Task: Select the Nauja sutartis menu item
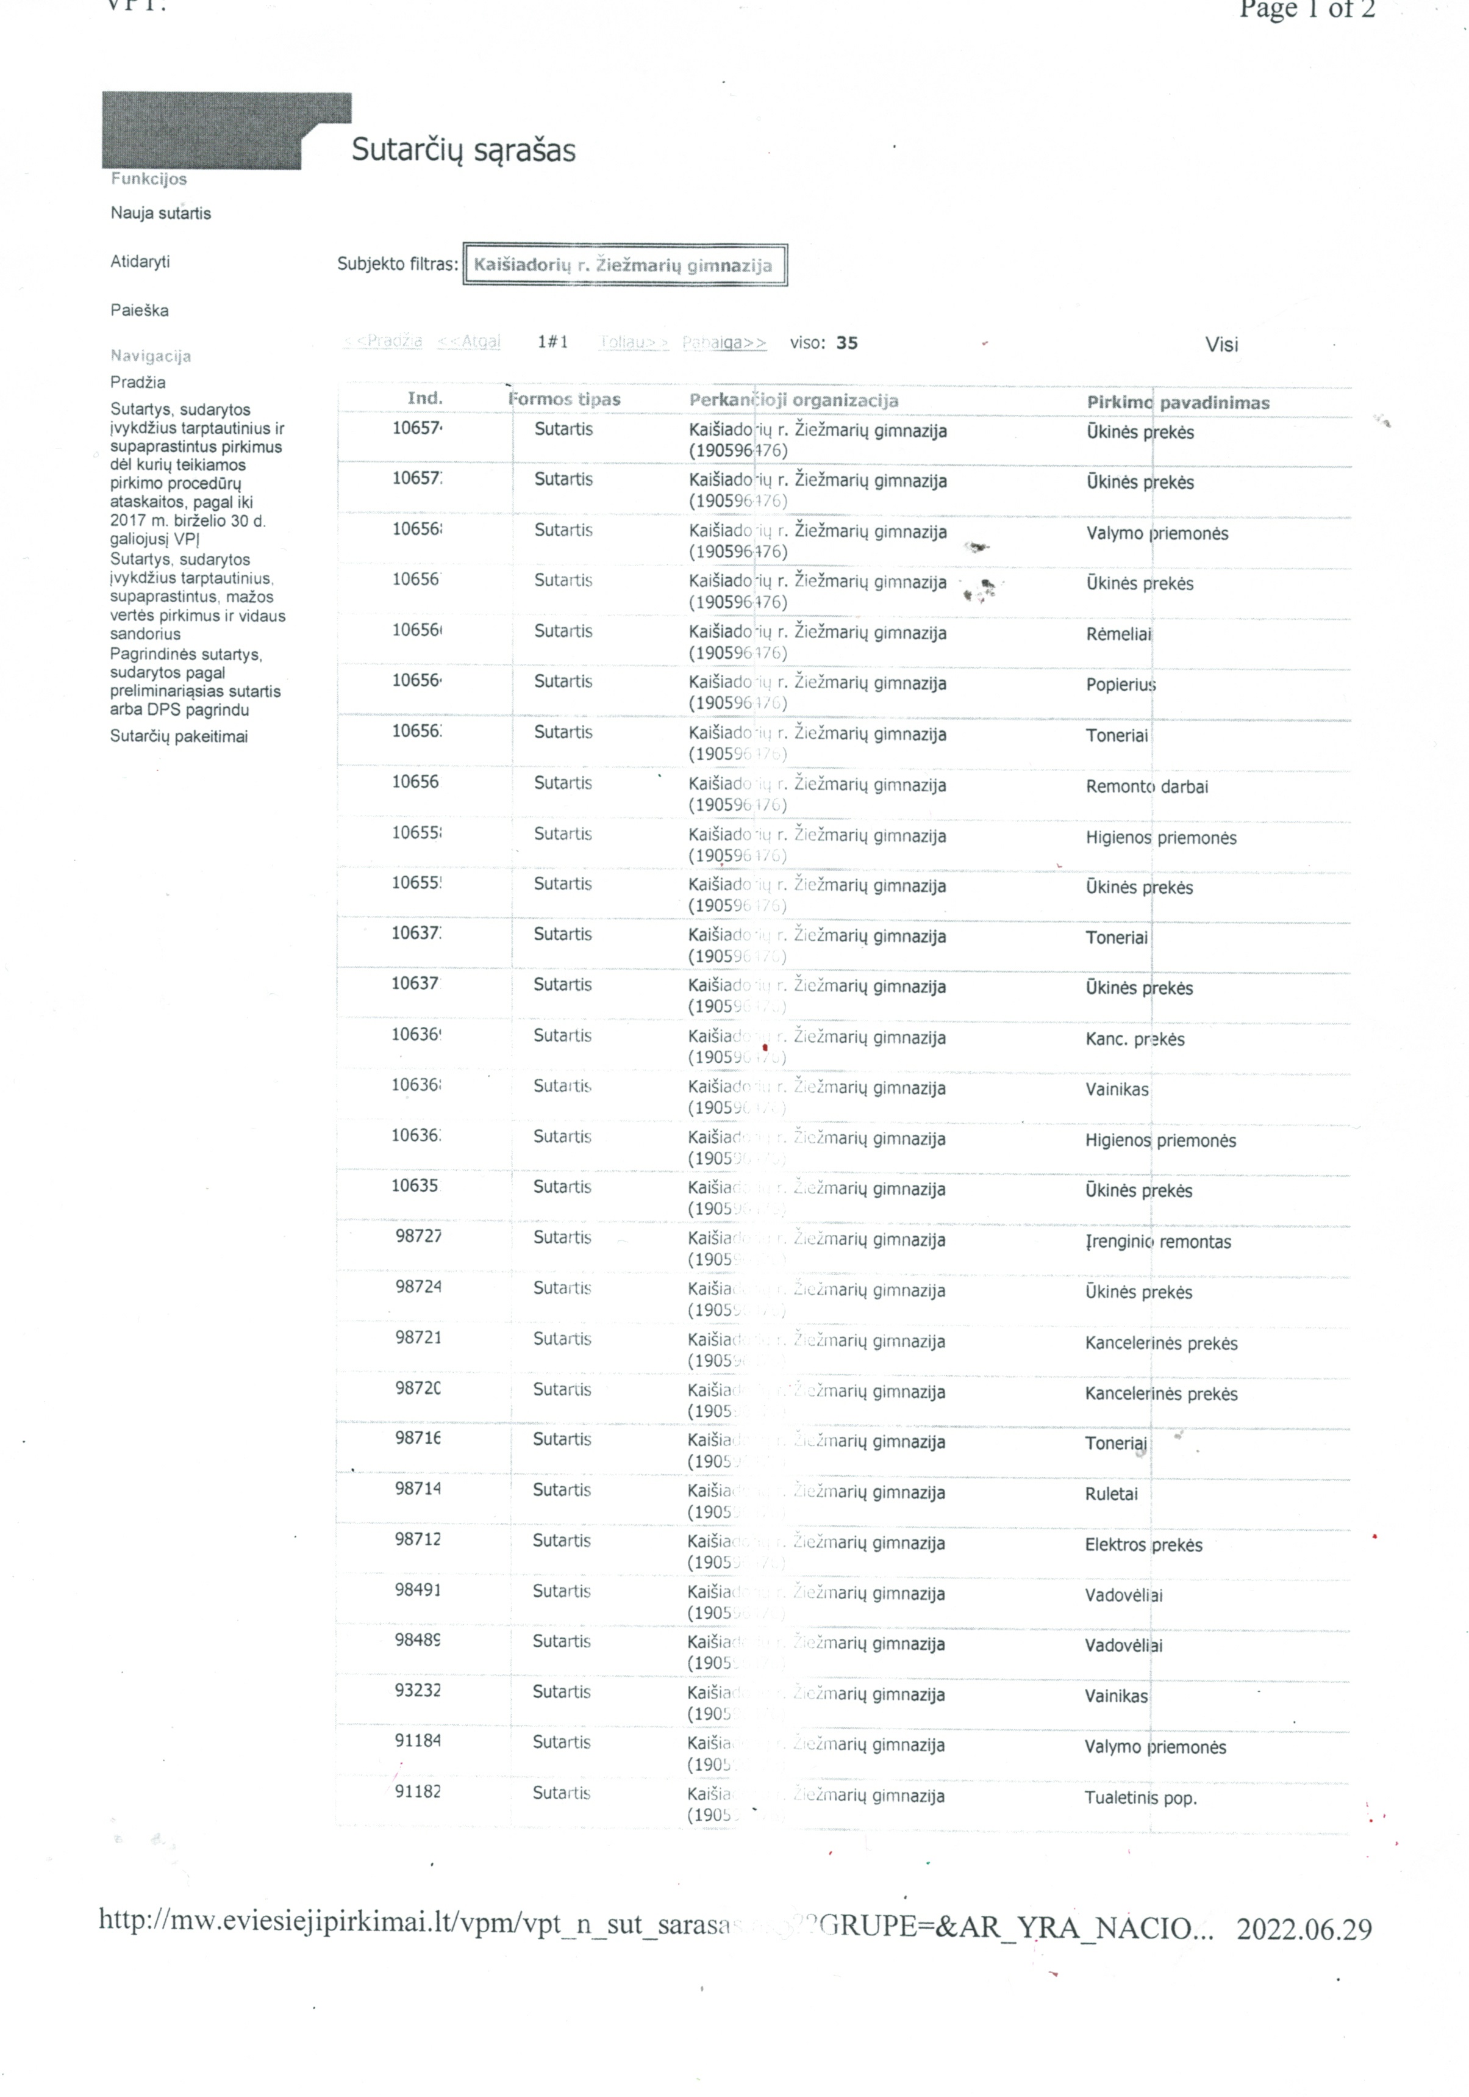tap(161, 214)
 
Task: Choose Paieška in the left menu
tap(139, 311)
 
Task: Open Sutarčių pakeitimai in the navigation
tap(179, 737)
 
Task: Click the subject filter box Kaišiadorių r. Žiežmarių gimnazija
tap(624, 266)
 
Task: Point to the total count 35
tap(846, 344)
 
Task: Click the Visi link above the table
tap(1221, 344)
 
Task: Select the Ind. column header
tap(424, 398)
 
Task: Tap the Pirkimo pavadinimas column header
tap(1177, 403)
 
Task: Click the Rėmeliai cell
tap(1118, 635)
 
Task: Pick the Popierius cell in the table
tap(1120, 685)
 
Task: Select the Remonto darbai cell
tap(1146, 786)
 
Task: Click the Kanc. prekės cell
tap(1134, 1040)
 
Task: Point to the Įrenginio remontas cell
tap(1157, 1242)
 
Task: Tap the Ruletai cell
tap(1111, 1494)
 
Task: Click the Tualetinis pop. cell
tap(1140, 1798)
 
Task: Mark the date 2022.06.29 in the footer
tap(1303, 1929)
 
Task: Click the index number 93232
tap(417, 1691)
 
